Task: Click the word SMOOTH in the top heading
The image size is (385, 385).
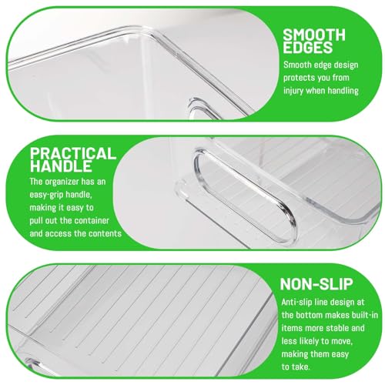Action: (x=314, y=35)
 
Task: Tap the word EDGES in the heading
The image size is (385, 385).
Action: (x=308, y=47)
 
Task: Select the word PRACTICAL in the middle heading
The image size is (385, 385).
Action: (x=73, y=154)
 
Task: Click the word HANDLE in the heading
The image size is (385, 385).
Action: (x=61, y=166)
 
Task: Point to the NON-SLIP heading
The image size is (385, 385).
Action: (x=316, y=284)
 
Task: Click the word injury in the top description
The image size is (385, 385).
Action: (x=293, y=91)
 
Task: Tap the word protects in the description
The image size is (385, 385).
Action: (x=299, y=78)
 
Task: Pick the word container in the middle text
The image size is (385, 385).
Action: (x=93, y=221)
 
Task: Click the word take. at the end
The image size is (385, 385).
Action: (x=301, y=367)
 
